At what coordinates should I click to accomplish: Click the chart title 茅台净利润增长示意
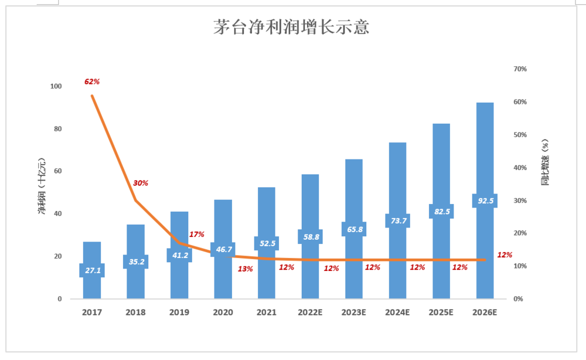(x=291, y=28)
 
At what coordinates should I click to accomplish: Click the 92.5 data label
(x=485, y=201)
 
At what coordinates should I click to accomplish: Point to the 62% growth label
(x=91, y=81)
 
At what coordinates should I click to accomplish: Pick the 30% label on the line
(x=141, y=183)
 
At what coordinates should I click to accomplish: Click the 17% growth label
(x=197, y=235)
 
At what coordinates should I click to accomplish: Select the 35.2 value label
(x=136, y=261)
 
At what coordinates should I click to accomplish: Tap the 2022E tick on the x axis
(x=311, y=313)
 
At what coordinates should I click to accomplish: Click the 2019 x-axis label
(x=179, y=313)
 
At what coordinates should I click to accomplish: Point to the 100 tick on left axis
(x=56, y=86)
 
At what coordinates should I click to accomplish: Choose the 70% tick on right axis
(x=520, y=69)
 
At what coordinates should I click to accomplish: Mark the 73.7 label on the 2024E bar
(x=397, y=220)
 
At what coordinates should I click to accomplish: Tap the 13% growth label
(x=245, y=269)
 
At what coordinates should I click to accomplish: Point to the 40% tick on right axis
(x=520, y=168)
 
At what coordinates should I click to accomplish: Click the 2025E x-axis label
(x=441, y=313)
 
